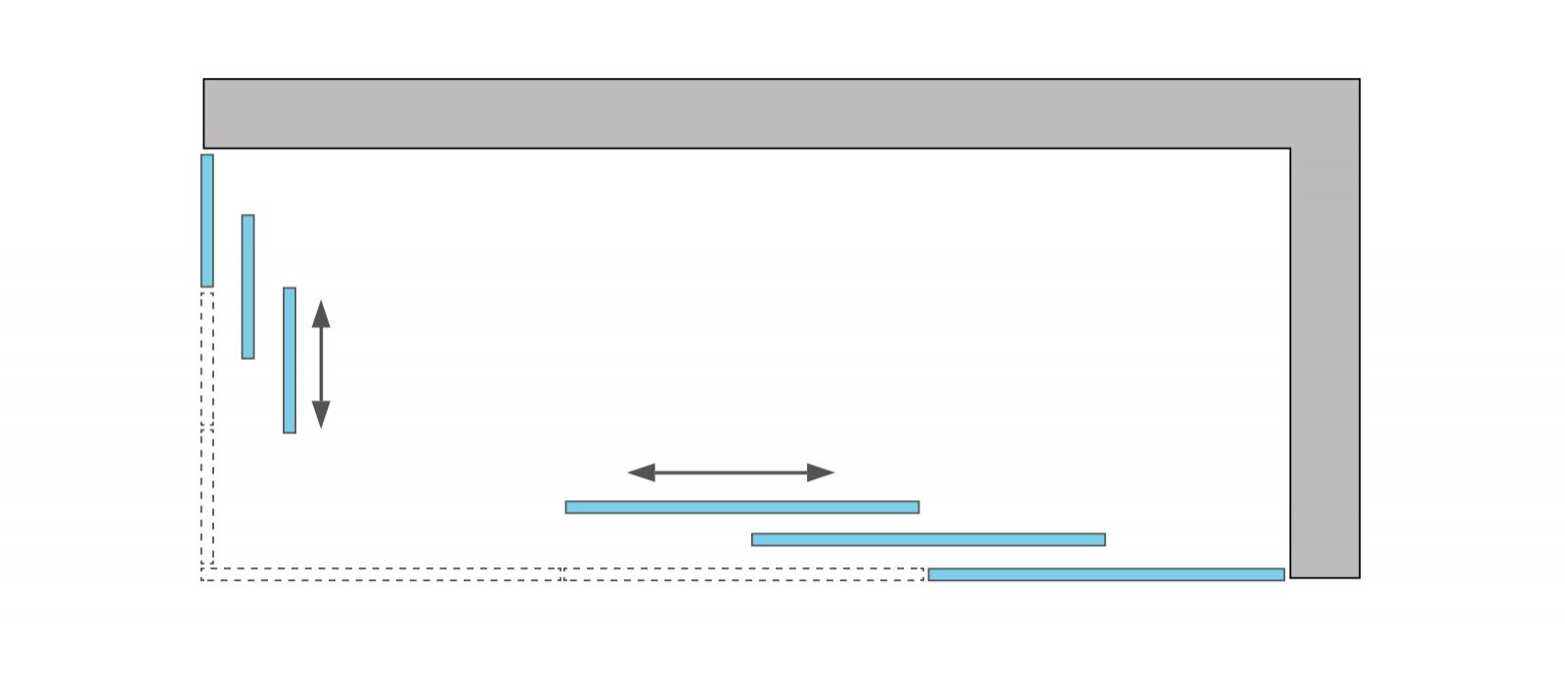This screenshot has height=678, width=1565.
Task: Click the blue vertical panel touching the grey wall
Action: (207, 220)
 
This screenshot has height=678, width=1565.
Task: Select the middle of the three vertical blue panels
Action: (248, 287)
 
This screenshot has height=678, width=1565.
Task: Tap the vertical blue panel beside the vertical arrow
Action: (290, 360)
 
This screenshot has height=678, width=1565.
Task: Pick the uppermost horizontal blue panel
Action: (742, 507)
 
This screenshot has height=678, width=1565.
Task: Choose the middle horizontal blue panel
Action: (928, 539)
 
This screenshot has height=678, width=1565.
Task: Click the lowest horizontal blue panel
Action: (1106, 574)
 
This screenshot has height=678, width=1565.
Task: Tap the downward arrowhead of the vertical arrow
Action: (321, 415)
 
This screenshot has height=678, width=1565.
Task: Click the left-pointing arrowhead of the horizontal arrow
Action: (641, 473)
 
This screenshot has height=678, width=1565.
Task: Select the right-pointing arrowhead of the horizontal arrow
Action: (821, 473)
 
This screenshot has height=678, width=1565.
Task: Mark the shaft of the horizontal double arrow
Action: (731, 473)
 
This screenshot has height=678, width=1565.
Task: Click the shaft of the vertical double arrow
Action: (321, 364)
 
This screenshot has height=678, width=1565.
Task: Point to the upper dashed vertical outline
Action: (207, 359)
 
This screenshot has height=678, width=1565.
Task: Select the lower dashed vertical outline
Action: (207, 497)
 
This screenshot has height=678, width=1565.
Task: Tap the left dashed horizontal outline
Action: (381, 574)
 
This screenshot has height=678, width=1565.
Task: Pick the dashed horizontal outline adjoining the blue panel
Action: (744, 574)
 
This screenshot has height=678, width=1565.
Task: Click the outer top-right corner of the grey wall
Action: (1359, 80)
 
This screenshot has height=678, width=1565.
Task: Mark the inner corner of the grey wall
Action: (1290, 149)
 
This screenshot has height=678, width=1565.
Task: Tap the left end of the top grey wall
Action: (205, 113)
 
